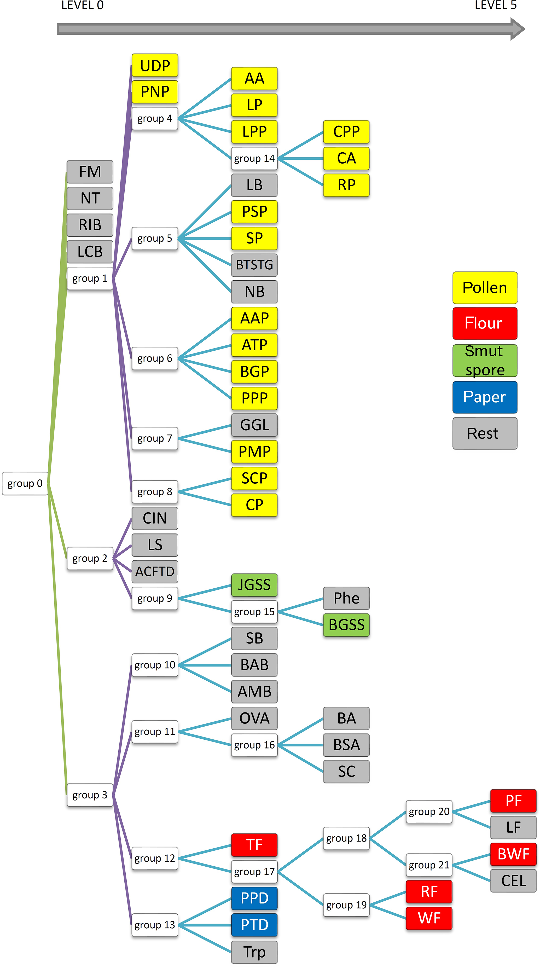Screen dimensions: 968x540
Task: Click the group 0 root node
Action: [x=25, y=483]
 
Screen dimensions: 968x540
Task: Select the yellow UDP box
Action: [x=155, y=65]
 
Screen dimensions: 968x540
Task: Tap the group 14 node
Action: [x=254, y=158]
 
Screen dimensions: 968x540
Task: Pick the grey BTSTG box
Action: [x=254, y=265]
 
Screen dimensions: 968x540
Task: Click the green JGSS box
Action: [x=254, y=585]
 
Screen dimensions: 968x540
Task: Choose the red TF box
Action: [x=254, y=845]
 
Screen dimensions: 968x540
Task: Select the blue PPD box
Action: [x=254, y=898]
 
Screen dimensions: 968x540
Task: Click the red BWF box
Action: [x=513, y=854]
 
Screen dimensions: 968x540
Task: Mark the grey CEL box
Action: [x=513, y=880]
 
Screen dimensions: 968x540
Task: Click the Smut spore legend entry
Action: [x=485, y=361]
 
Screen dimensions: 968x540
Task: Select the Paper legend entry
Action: [x=485, y=397]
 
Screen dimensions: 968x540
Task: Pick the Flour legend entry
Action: [x=485, y=323]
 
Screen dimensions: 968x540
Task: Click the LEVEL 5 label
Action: [x=496, y=5]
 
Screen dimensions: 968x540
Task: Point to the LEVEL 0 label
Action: [x=82, y=5]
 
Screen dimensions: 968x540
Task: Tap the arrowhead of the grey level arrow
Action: [x=518, y=29]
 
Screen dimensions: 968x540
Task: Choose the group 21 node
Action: [x=429, y=865]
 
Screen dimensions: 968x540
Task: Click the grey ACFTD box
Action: [x=155, y=572]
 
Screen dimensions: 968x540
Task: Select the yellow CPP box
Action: [x=346, y=131]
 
